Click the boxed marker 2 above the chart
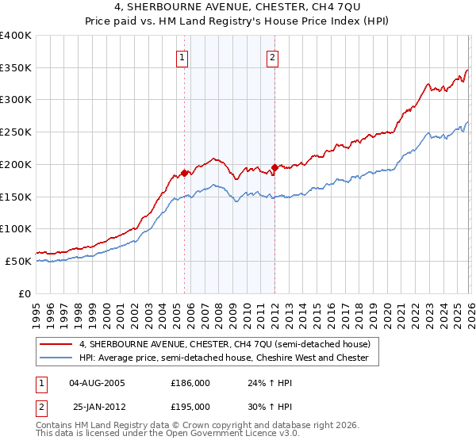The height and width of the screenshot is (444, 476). [273, 57]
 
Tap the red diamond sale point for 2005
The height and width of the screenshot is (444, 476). [184, 173]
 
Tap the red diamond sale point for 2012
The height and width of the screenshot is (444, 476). [274, 167]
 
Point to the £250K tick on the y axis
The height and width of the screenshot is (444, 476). [17, 132]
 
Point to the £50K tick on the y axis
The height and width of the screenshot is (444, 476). [20, 261]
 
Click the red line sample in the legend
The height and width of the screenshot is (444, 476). [57, 344]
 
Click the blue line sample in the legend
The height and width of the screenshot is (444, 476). [57, 358]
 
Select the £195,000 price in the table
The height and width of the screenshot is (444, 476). [190, 405]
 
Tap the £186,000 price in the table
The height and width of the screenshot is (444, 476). [190, 382]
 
